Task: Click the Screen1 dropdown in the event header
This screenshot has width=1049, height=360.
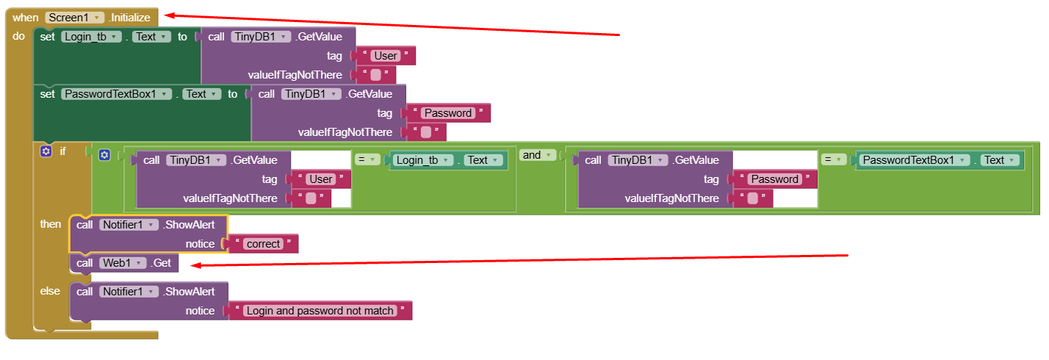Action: pyautogui.click(x=73, y=17)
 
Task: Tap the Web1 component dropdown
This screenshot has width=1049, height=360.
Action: pyautogui.click(x=128, y=262)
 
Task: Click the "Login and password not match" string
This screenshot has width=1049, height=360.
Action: pyautogui.click(x=320, y=311)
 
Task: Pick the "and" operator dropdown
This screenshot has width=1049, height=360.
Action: pyautogui.click(x=537, y=155)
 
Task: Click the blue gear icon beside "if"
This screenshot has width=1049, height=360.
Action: pyautogui.click(x=46, y=151)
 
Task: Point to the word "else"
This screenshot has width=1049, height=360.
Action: pyautogui.click(x=50, y=291)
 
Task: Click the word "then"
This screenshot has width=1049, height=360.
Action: pyautogui.click(x=51, y=224)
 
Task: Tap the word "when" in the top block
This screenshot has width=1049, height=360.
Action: pyautogui.click(x=26, y=17)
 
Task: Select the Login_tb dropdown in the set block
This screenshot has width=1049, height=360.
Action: pyautogui.click(x=91, y=36)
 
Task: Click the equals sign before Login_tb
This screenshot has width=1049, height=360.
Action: pyautogui.click(x=368, y=160)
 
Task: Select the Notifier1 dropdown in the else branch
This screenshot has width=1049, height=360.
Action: pyautogui.click(x=129, y=291)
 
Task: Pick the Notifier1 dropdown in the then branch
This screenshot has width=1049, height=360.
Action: pyautogui.click(x=129, y=224)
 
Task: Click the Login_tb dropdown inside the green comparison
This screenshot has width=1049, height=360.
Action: pyautogui.click(x=423, y=160)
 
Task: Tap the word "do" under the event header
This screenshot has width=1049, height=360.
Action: pyautogui.click(x=19, y=36)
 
